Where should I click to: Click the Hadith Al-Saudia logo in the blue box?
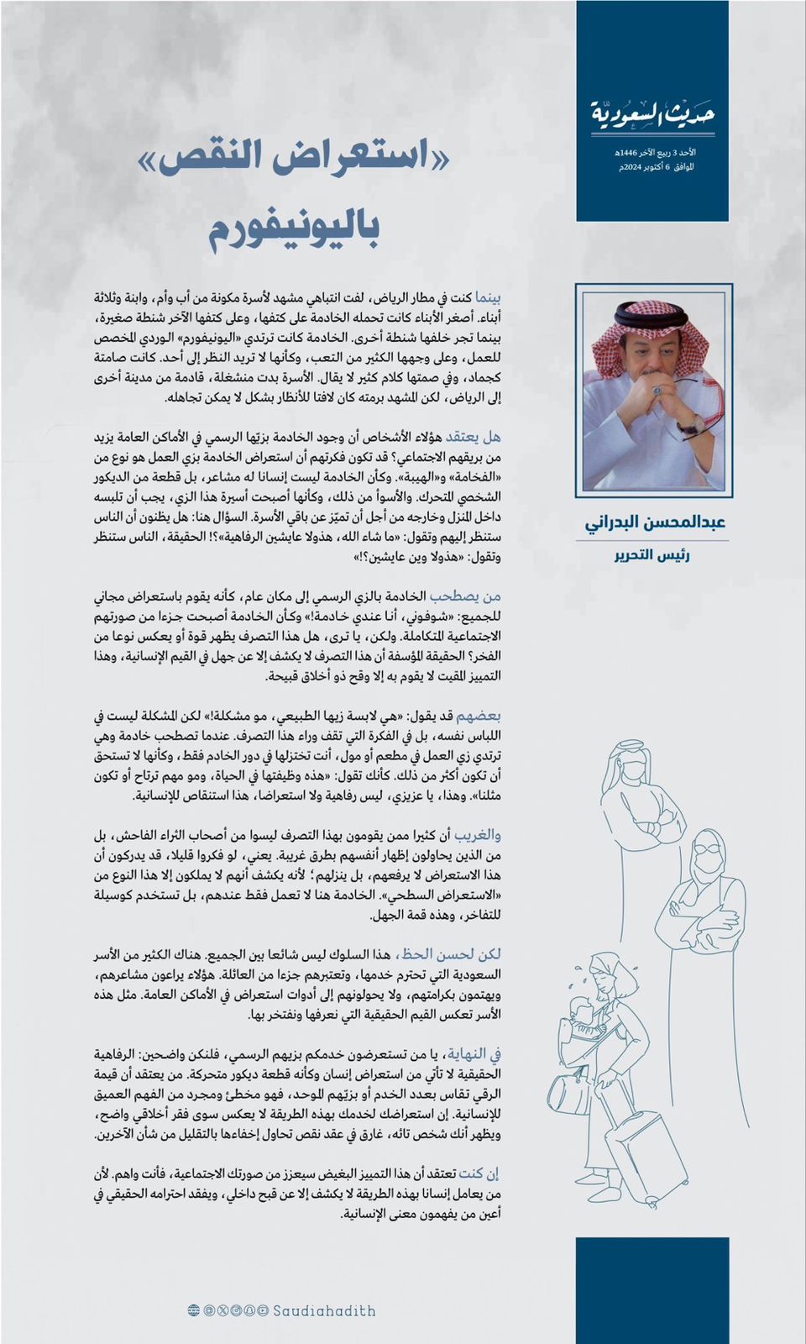click(x=652, y=114)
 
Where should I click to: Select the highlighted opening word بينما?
click(x=488, y=298)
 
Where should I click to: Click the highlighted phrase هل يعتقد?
click(x=474, y=437)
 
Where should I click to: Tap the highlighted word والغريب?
click(x=478, y=836)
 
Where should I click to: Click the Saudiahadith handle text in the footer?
click(x=324, y=1310)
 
